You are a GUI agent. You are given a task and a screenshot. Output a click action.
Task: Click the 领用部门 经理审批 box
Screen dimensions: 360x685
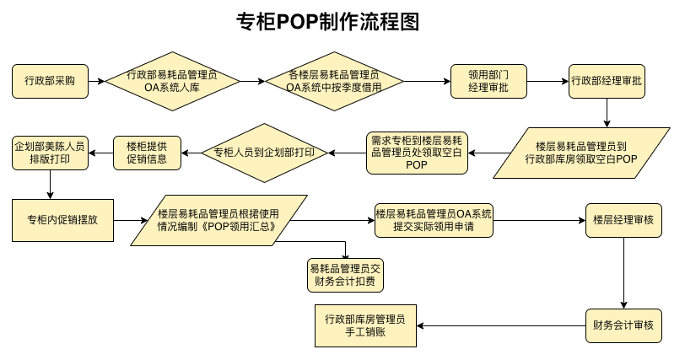(488, 81)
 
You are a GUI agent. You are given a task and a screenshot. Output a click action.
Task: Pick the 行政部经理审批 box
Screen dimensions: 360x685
(607, 81)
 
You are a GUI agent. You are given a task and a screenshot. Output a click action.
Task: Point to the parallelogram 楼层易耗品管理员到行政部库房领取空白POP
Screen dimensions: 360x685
(581, 153)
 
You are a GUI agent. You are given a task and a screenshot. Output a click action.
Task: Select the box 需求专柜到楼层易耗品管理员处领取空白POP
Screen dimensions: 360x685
(417, 153)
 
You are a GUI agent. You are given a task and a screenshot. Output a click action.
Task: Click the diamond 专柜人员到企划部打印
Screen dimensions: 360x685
(264, 153)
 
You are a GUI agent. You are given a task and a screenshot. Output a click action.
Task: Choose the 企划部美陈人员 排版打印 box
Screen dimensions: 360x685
(50, 153)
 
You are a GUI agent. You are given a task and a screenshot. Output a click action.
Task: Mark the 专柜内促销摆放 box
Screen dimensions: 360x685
(62, 221)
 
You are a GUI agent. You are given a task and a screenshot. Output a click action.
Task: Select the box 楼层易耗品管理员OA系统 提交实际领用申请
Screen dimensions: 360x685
(434, 221)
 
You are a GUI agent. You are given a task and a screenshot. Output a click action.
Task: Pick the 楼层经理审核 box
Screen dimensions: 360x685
(623, 221)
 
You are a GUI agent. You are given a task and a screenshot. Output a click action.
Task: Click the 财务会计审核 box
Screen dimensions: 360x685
(623, 325)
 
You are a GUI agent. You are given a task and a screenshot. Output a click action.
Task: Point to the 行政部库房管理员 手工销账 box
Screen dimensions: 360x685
(365, 325)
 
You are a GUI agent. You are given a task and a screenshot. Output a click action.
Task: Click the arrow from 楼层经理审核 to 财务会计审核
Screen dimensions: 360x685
(623, 273)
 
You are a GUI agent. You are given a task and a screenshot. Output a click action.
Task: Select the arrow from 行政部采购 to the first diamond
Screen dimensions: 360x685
(96, 81)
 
